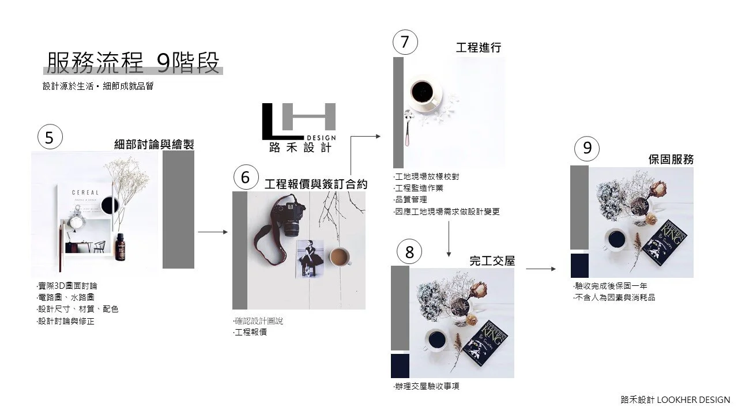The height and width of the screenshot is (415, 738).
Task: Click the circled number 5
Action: coord(50,137)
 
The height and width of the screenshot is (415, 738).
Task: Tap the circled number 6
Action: coord(246,177)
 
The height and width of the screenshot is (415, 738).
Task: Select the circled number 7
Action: coord(405,42)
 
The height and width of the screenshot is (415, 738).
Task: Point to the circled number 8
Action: coord(409,252)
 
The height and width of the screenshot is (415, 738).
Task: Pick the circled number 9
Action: coord(587,148)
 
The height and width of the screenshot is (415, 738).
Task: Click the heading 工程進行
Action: coord(479,47)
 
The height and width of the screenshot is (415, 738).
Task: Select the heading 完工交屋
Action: coord(492,261)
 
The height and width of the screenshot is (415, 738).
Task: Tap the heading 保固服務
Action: coord(671,160)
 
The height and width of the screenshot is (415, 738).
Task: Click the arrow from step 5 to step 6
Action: coord(213,232)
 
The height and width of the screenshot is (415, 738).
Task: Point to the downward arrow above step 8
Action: coord(449,239)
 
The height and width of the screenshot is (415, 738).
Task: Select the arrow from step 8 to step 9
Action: coord(541,269)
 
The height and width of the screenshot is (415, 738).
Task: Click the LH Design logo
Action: coord(299,128)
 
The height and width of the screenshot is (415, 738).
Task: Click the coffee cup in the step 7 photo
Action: coord(426,93)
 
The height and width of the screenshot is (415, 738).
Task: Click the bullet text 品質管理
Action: coord(410,199)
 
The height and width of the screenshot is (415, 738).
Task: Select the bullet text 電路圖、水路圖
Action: coord(66,297)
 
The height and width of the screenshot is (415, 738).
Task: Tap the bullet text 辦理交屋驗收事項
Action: coord(426,386)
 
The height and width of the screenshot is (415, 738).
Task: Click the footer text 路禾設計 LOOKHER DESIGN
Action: coord(675,400)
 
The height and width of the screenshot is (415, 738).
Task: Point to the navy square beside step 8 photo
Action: coord(400,366)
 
